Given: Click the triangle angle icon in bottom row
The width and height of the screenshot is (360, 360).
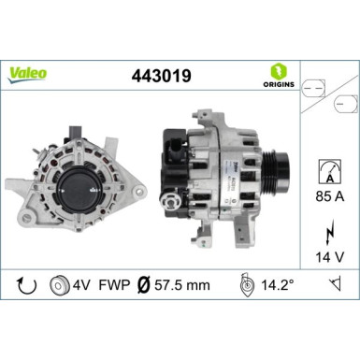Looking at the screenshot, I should pos(333,281).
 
